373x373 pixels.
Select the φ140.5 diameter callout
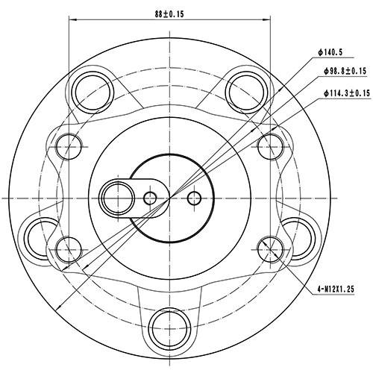[x=329, y=53]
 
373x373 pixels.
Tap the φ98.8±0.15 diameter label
[x=345, y=72]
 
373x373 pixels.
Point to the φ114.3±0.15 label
[x=347, y=93]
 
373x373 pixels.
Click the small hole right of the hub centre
[x=195, y=198]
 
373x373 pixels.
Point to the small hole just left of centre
[x=150, y=198]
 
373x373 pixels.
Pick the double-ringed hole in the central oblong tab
[x=117, y=197]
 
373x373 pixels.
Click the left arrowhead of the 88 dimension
[x=72, y=22]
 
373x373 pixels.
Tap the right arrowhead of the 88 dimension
[x=266, y=22]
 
